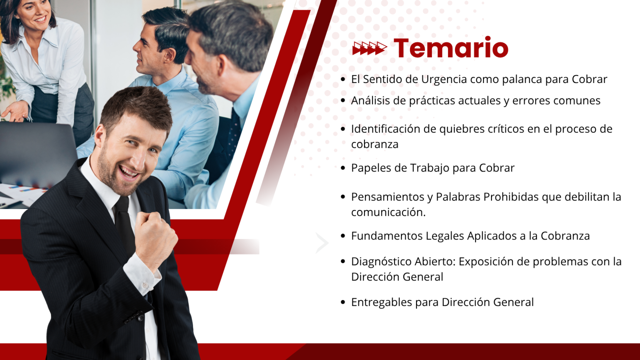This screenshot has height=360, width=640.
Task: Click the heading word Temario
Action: pos(451,47)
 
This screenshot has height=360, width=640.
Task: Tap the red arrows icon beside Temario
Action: pos(370,48)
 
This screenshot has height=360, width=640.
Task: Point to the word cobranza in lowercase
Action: pos(374,144)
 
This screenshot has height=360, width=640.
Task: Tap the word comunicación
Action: pos(388,212)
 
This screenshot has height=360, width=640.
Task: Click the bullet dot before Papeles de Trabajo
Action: pos(343,168)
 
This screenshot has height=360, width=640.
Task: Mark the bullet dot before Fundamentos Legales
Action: pos(343,236)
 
